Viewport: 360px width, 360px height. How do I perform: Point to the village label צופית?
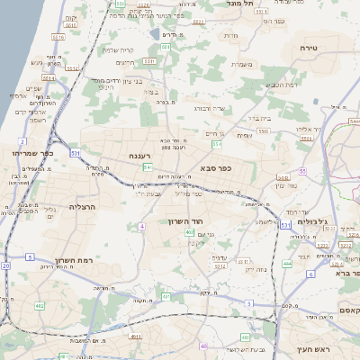tap(245, 135)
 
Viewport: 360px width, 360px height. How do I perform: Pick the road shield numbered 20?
tap(6, 266)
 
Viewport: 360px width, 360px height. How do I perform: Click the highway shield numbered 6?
tap(310, 274)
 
